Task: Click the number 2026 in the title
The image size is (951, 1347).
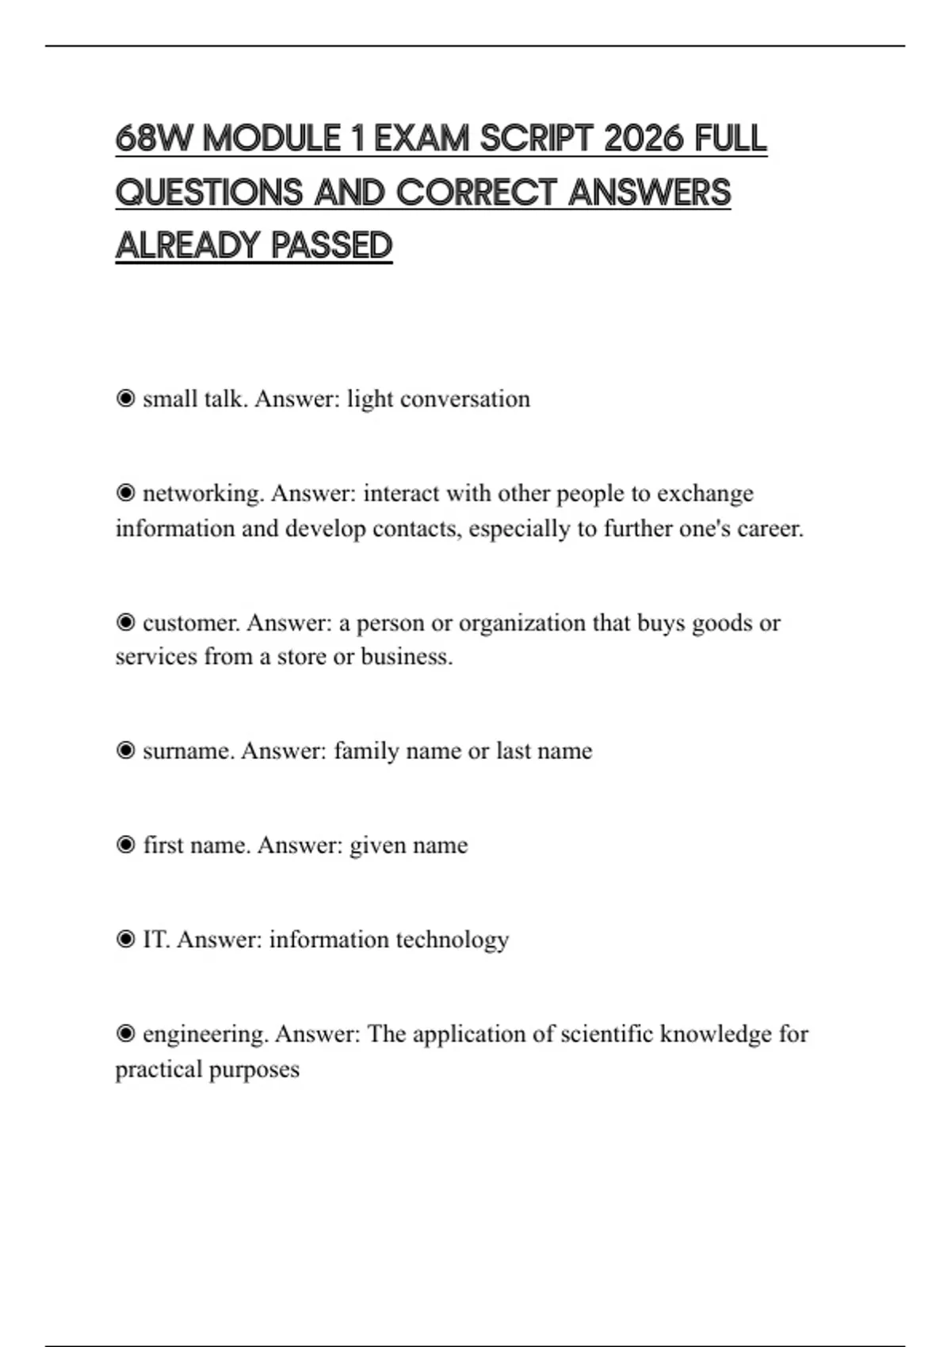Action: pos(643,139)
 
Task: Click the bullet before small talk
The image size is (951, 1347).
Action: pos(125,399)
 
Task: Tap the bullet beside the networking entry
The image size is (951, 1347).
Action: pos(125,494)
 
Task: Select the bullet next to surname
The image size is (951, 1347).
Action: pos(125,750)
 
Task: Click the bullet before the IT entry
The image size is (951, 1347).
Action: pos(125,940)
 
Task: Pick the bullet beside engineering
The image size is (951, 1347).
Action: pos(125,1034)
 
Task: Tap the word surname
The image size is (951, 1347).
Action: pos(189,750)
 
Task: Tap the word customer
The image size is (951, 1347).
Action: pos(191,623)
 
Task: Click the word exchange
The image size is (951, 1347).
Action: pos(705,494)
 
